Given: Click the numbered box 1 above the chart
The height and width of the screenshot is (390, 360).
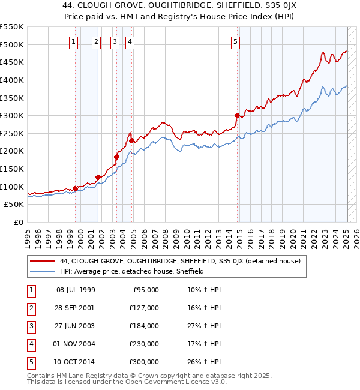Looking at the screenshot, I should point(73,41).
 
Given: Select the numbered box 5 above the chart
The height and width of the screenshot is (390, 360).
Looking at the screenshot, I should point(235,41).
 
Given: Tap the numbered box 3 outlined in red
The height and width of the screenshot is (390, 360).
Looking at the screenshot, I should point(114,41).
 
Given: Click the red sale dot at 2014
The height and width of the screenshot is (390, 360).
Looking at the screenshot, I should point(238,115).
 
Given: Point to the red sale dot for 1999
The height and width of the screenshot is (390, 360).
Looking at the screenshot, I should point(75,188).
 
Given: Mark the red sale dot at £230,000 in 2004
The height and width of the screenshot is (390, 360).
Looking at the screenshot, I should point(131,140).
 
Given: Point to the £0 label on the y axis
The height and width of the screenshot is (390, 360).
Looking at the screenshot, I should point(18,222).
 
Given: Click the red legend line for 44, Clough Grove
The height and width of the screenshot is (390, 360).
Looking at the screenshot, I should point(43,261).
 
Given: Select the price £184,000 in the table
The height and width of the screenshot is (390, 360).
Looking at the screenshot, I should point(144,326).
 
